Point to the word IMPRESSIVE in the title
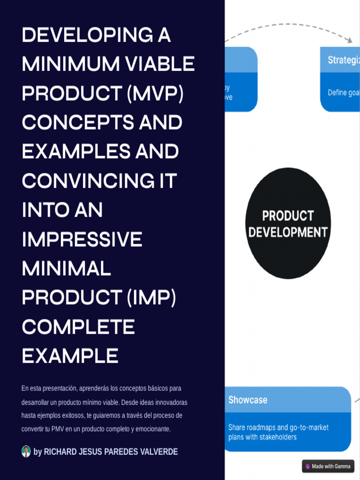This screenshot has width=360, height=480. [x=82, y=240]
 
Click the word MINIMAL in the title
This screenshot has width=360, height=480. [x=66, y=269]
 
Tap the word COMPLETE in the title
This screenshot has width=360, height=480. [x=78, y=327]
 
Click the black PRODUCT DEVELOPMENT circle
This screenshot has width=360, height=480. [x=288, y=224]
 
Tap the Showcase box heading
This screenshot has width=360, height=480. [x=248, y=400]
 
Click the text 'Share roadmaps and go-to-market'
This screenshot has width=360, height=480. [x=278, y=427]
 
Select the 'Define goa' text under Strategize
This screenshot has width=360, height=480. [x=344, y=93]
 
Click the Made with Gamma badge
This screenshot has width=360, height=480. [x=328, y=466]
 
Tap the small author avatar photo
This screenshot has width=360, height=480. [x=26, y=451]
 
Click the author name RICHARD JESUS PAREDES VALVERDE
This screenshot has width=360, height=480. [x=111, y=452]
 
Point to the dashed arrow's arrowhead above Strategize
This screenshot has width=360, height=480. [x=349, y=40]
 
